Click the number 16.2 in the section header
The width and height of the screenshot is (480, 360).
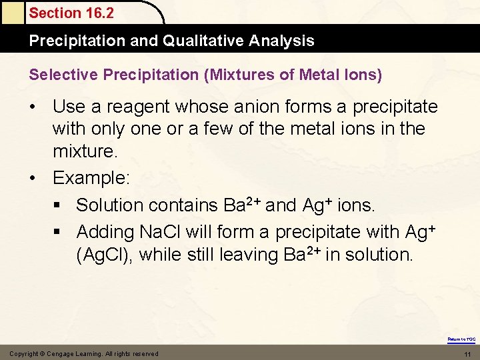(98, 13)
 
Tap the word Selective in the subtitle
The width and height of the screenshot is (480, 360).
(59, 75)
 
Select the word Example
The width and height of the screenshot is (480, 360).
(91, 177)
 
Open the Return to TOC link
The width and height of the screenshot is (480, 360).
(461, 339)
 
